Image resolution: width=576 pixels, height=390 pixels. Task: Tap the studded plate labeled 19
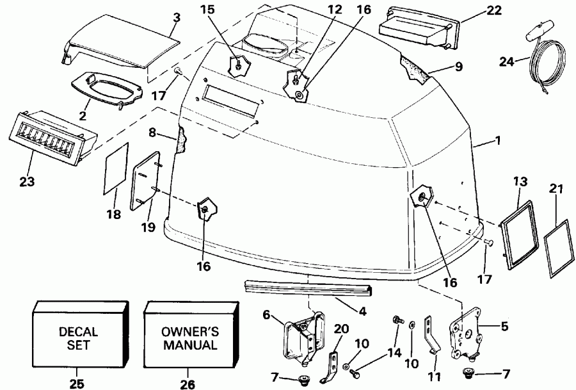tap(146, 181)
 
